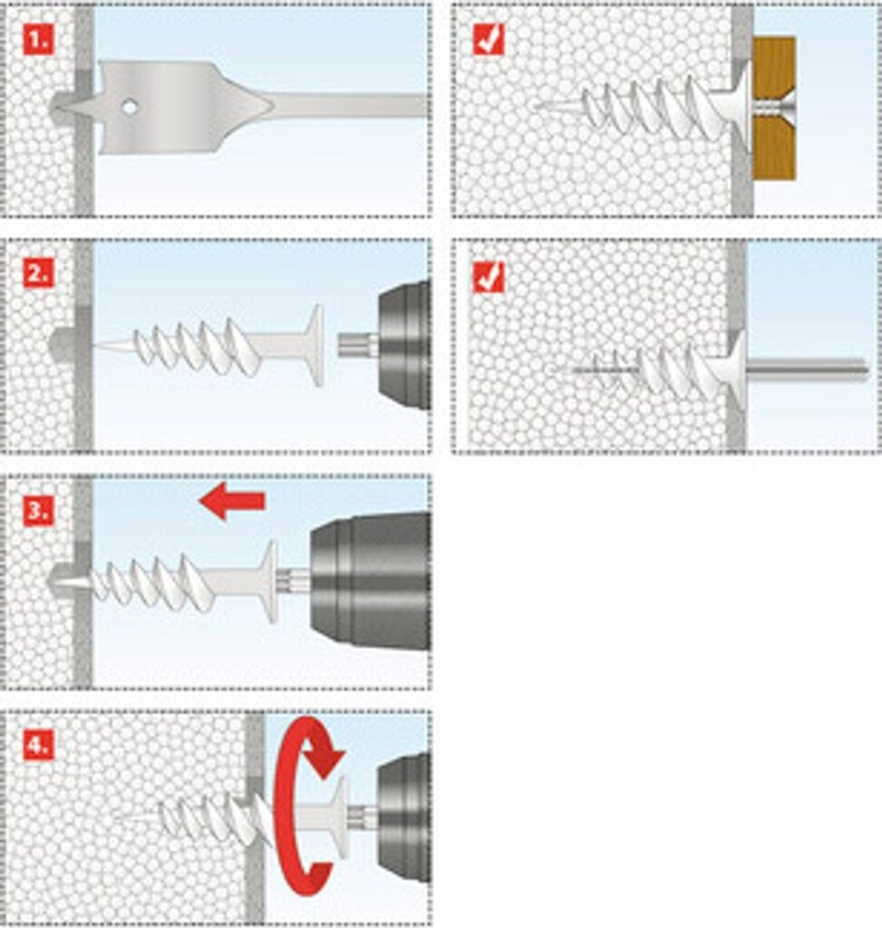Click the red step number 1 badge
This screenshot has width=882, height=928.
pyautogui.click(x=38, y=39)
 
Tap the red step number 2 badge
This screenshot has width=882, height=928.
pyautogui.click(x=38, y=273)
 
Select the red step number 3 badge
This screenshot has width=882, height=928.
pyautogui.click(x=38, y=509)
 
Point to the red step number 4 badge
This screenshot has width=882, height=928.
pyautogui.click(x=38, y=745)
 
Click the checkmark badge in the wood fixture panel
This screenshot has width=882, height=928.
pyautogui.click(x=489, y=39)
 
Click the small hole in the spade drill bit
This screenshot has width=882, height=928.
pyautogui.click(x=131, y=107)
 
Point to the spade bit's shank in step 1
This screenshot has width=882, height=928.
pyautogui.click(x=354, y=106)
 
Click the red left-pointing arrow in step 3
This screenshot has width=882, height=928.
pyautogui.click(x=232, y=501)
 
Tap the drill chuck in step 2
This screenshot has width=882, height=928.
pyautogui.click(x=403, y=344)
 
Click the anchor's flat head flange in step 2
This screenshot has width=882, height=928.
pyautogui.click(x=315, y=344)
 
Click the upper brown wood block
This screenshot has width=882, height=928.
pyautogui.click(x=774, y=69)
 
